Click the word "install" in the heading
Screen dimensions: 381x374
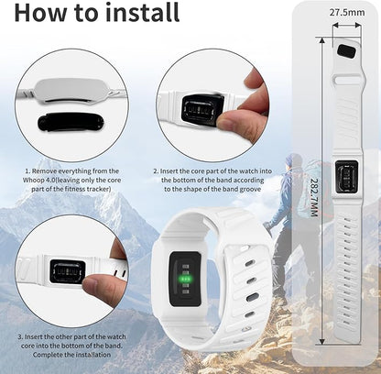coord(142,12)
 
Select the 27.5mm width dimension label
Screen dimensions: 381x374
coord(347,12)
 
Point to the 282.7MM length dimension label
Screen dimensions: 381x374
coord(314,197)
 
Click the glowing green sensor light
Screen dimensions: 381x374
coord(186,279)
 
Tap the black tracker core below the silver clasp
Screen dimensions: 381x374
coord(71,121)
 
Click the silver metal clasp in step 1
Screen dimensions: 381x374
coord(71,91)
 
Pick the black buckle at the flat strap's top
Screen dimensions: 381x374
coord(347,50)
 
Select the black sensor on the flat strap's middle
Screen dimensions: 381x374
coord(346,177)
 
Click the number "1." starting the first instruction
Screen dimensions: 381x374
coord(28,171)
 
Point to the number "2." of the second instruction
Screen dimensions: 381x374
coord(157,171)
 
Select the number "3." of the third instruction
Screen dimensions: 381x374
coord(20,337)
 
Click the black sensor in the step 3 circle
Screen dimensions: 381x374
coord(68,272)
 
